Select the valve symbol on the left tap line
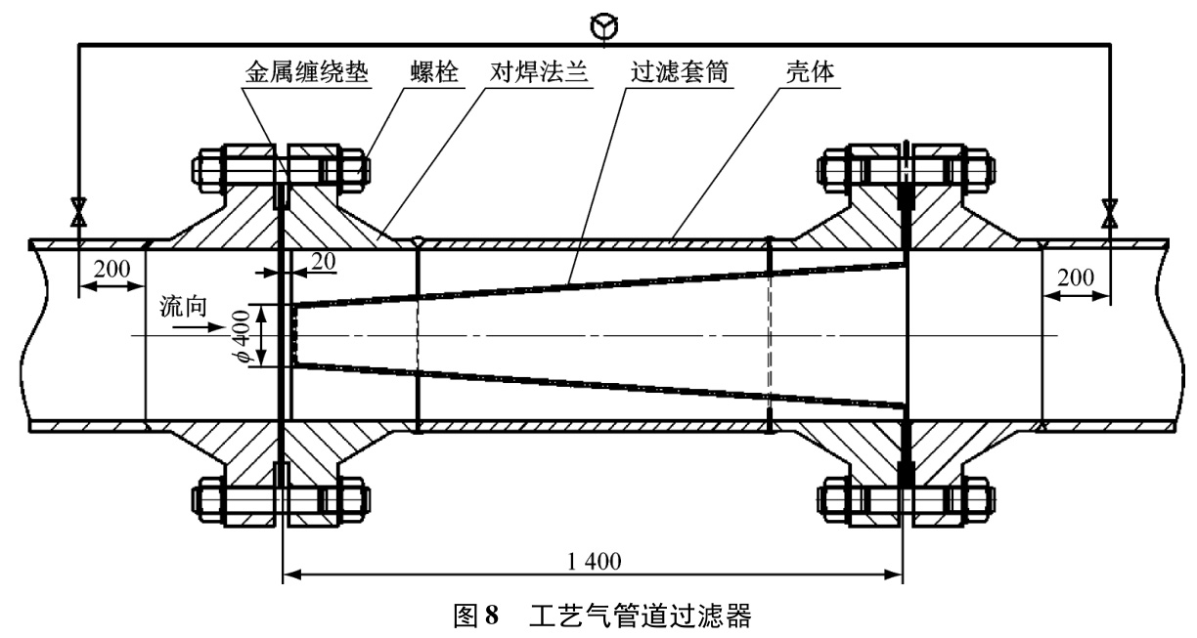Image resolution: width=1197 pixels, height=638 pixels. pos(77,211)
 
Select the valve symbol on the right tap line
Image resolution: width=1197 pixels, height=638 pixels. pos(1108,211)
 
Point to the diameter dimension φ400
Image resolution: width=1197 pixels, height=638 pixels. pos(244,335)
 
